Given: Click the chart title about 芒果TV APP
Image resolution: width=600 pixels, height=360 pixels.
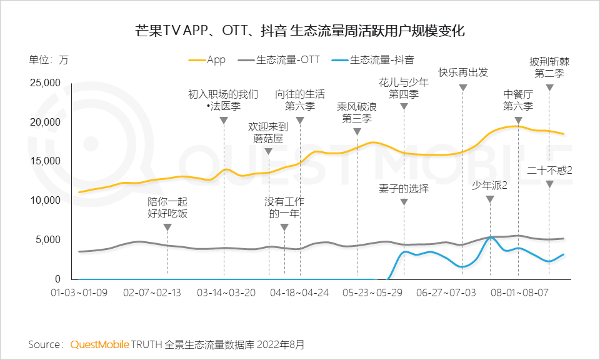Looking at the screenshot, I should click(x=300, y=31).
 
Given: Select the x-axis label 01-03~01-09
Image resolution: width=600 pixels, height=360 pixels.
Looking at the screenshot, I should click(x=80, y=292).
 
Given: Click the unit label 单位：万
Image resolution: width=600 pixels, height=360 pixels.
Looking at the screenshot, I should click(x=48, y=61).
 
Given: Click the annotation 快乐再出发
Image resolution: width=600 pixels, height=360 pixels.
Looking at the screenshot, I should click(x=463, y=72).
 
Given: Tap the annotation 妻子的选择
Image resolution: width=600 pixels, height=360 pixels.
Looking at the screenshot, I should click(x=404, y=187).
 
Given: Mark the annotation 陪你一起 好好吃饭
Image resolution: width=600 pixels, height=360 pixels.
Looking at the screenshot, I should click(x=167, y=208).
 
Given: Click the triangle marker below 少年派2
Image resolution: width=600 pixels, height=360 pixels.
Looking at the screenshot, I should click(x=490, y=199).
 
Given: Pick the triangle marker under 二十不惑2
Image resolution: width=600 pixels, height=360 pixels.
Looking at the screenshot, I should click(x=549, y=184).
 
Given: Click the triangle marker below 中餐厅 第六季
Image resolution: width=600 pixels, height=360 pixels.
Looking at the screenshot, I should click(x=518, y=121).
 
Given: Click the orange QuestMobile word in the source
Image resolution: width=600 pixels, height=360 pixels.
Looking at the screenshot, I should click(x=99, y=344).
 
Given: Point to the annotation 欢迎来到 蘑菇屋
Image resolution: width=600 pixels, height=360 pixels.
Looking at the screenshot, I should click(x=268, y=132).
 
